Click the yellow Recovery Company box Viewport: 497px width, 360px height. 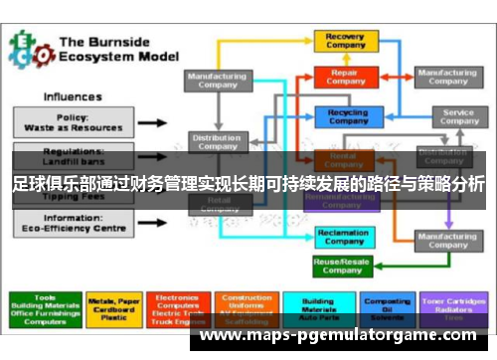(x=344, y=42)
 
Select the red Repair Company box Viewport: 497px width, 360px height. (x=344, y=77)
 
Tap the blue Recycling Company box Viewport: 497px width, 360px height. (x=344, y=116)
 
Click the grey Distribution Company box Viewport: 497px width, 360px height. (x=218, y=142)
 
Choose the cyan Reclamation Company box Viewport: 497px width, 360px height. (x=344, y=236)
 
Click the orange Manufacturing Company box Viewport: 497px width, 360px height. (x=446, y=242)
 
